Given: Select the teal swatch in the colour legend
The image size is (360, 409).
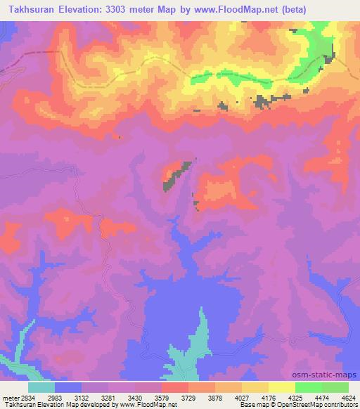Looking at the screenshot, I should point(41,387).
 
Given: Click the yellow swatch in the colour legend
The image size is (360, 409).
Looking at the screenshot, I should point(282,387).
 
